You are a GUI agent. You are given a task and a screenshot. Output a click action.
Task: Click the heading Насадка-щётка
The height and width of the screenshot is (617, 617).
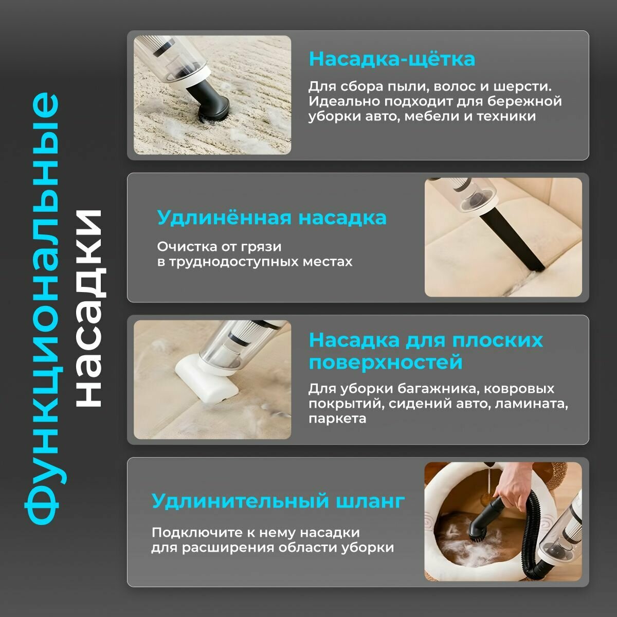coord(391,59)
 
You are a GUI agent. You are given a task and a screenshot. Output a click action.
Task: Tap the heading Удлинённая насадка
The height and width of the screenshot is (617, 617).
coord(271,217)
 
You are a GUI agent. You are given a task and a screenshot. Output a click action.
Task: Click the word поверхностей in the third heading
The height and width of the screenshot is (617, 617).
coord(386,362)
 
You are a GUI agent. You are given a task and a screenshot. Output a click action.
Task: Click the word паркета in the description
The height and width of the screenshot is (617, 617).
coord(337,419)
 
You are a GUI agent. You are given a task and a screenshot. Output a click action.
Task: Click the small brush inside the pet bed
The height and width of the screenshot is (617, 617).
coord(481,530)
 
